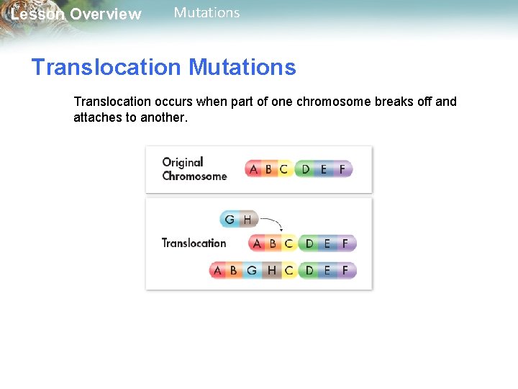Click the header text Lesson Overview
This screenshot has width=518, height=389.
coord(76,14)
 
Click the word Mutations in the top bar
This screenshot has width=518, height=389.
coord(206,12)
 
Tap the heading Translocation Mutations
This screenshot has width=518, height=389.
coord(163,67)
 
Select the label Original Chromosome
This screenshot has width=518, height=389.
coord(194,169)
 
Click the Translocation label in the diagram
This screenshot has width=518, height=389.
coord(194,243)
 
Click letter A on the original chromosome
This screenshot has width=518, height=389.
coord(253,169)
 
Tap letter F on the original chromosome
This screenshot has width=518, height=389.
coord(342,169)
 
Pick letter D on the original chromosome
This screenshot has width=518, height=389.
coord(306,169)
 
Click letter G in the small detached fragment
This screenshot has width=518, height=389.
coord(230,219)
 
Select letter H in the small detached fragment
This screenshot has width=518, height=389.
coord(247,219)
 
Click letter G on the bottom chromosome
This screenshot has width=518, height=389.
coord(251,271)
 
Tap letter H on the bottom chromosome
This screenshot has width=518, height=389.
coord(271,271)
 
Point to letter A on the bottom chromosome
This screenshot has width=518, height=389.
coord(217,271)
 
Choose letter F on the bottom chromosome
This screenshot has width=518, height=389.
coord(345,271)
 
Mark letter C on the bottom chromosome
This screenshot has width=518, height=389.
coord(288,271)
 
